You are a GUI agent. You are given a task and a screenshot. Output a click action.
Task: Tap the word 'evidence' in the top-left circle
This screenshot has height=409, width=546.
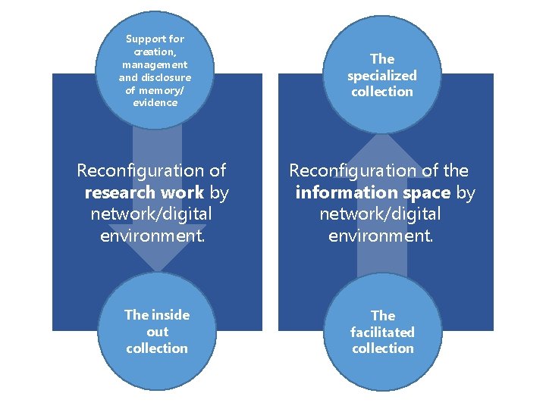[155, 103]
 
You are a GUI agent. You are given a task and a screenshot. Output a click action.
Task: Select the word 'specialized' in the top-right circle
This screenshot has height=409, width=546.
[382, 75]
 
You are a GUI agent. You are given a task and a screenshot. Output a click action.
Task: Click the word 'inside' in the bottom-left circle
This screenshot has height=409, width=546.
[169, 315]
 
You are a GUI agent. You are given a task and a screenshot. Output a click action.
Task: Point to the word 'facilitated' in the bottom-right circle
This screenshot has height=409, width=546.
[382, 332]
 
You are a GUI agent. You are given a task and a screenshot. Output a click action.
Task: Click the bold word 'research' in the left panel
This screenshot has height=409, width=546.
[118, 193]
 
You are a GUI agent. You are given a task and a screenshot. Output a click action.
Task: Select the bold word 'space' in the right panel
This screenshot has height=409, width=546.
[428, 193]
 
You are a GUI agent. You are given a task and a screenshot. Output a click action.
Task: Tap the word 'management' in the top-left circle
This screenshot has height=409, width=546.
[155, 64]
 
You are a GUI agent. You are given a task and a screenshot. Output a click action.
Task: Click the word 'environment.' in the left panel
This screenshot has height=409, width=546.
[152, 236]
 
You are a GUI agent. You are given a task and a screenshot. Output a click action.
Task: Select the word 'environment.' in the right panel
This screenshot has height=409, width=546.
[381, 236]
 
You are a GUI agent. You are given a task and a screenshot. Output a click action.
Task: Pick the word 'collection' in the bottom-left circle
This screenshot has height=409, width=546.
[157, 348]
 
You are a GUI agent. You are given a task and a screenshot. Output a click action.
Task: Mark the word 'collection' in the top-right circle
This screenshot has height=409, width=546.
[382, 92]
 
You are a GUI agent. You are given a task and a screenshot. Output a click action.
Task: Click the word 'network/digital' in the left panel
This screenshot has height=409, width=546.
[151, 214]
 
